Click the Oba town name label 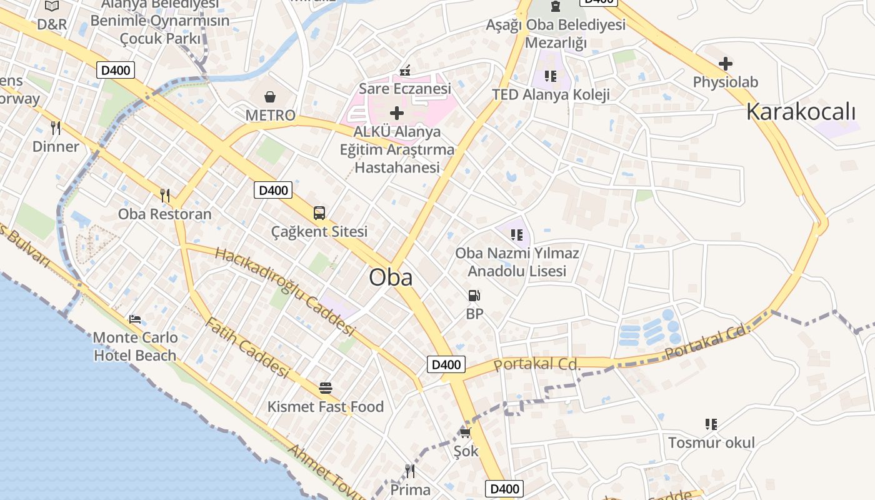coord(391,277)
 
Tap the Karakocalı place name coord(801,112)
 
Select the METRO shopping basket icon coord(270,97)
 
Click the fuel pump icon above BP coord(474,295)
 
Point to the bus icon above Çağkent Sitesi coord(319,213)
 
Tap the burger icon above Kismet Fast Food coord(325,388)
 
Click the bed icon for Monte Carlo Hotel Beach coord(135,319)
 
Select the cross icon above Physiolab coord(726,63)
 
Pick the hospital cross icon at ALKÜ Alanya coord(397,113)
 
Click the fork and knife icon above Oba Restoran coord(165,195)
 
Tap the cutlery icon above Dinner coord(56,128)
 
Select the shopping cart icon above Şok coord(465,432)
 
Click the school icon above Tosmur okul coord(711,424)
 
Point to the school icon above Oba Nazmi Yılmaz coord(517,234)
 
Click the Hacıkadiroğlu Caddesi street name coord(284,290)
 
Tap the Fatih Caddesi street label coord(247,348)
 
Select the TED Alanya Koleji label coord(551,95)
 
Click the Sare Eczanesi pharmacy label coord(405,89)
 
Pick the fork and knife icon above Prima coord(410,471)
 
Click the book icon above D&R coord(52,6)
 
